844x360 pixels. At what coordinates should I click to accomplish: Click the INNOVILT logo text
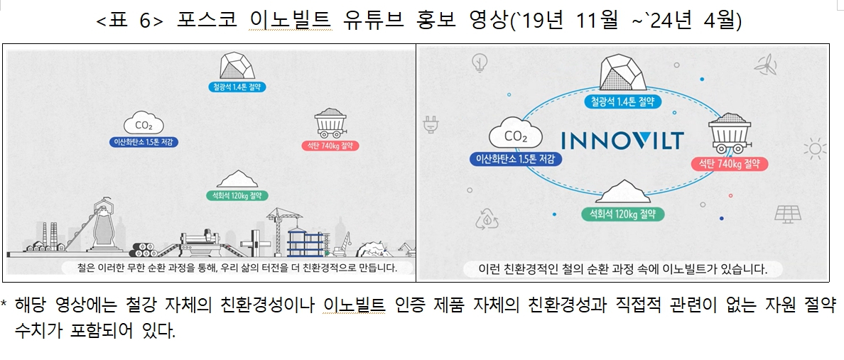coord(622,140)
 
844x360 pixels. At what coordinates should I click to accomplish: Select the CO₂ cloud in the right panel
coord(515,135)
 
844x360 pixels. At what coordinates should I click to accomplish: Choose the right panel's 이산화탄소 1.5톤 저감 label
coord(516,159)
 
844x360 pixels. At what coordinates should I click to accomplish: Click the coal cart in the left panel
coord(330,123)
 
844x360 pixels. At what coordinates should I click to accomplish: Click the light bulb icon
coord(478,64)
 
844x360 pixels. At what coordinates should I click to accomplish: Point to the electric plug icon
coord(430,124)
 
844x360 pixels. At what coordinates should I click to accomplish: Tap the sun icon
coord(814,148)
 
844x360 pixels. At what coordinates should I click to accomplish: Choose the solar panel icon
coord(788,214)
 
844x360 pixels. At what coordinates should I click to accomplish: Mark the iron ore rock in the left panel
coord(237,66)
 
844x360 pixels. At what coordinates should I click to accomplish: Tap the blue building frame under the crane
coord(305,241)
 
